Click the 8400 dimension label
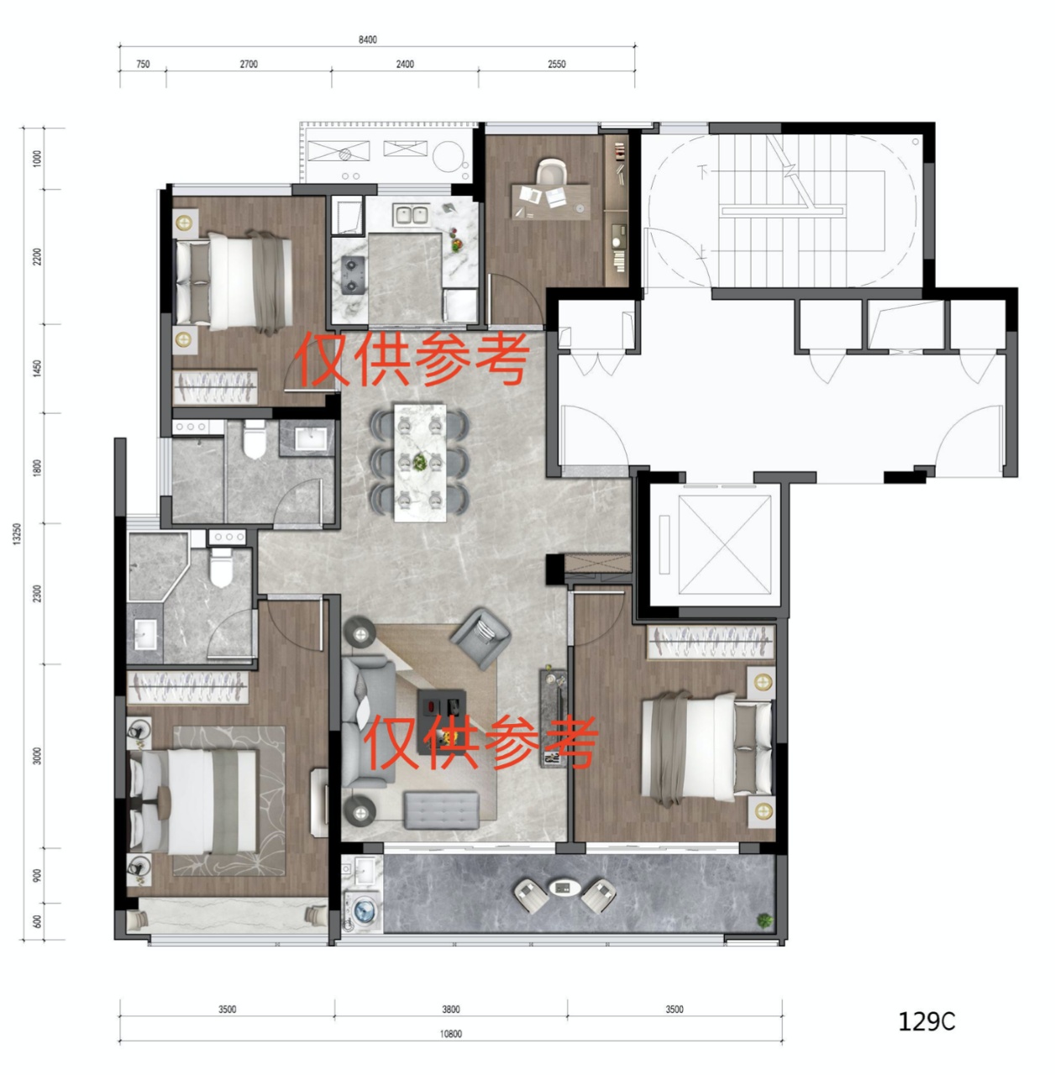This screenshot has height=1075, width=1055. click(367, 39)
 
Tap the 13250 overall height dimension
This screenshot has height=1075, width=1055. click(18, 534)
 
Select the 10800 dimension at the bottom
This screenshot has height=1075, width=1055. click(450, 1034)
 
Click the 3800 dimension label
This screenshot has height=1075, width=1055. click(450, 1009)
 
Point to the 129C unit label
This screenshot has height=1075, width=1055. click(926, 1021)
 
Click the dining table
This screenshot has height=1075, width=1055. click(420, 463)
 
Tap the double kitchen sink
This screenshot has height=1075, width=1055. click(412, 215)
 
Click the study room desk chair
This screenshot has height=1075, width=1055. click(551, 172)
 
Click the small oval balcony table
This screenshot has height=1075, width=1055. click(564, 887)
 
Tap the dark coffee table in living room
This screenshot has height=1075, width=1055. click(442, 721)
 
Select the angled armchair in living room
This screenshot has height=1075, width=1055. click(480, 637)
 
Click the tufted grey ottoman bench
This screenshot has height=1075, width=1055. click(442, 810)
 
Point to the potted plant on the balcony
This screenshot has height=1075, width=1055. click(764, 920)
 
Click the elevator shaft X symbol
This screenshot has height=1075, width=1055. click(724, 545)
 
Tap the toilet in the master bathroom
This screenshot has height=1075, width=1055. click(221, 568)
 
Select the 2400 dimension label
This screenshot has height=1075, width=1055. click(405, 64)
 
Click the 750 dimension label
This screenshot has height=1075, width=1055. click(143, 64)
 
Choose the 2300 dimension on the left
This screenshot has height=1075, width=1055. click(37, 594)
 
